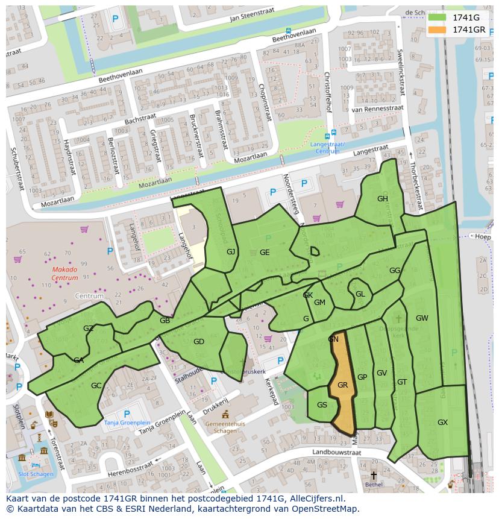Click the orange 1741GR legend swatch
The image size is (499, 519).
[x=438, y=29]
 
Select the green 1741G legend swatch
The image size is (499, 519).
[x=438, y=17]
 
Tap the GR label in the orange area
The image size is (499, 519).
[x=343, y=385]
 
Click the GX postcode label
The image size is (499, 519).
[x=442, y=423]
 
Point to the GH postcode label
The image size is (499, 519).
[x=383, y=199]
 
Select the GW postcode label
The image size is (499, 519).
[x=422, y=318]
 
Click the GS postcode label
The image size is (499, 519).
[x=322, y=405]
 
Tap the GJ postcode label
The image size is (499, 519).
[x=231, y=252]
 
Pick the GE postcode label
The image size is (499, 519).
[x=265, y=253]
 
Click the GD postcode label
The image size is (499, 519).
[x=199, y=342]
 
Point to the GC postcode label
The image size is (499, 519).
[x=96, y=386]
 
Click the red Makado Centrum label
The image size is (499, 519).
[x=65, y=274]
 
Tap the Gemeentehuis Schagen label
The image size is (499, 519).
[x=225, y=427]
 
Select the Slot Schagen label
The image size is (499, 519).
[x=36, y=474]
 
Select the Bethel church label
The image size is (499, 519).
[x=374, y=484]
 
